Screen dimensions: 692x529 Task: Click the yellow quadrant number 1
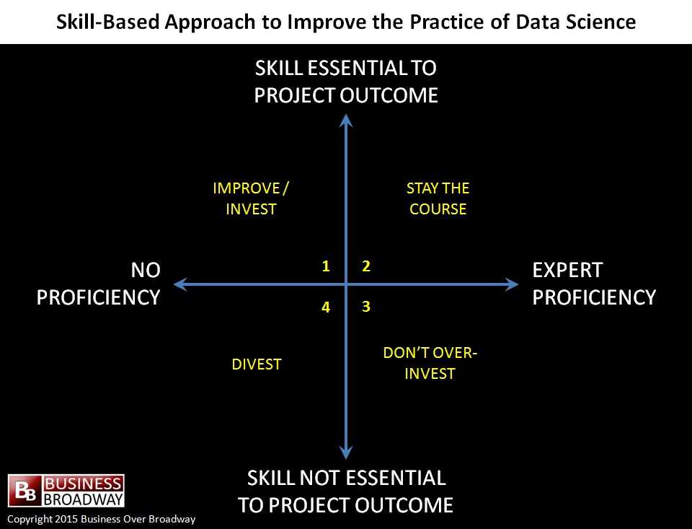pos(326,266)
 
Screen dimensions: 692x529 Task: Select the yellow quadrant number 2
pos(366,266)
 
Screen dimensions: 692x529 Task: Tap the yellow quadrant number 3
pos(366,306)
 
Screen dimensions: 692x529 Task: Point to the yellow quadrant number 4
pos(326,307)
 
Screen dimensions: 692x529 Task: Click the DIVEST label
pos(257,364)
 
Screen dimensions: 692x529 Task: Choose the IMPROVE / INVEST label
pos(251,198)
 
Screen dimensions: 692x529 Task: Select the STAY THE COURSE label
pos(438,198)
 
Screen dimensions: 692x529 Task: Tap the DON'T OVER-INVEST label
pos(430,363)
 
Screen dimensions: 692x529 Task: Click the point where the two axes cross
pos(346,284)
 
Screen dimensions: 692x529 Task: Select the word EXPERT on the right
pos(567,270)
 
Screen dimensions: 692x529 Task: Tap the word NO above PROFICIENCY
pos(146,270)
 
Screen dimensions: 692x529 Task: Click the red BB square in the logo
pos(25,491)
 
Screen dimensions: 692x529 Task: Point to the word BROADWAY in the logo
pos(84,499)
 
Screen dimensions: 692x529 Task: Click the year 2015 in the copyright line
pos(66,519)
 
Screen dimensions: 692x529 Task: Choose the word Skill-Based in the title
pos(107,22)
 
